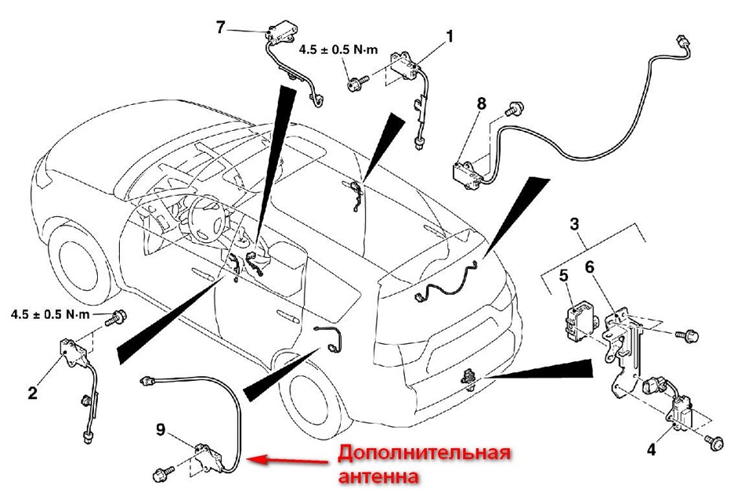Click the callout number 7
point(220,27)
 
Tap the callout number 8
point(481,103)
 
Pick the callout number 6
point(590,266)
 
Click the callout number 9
point(160,429)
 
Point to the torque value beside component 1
point(338,49)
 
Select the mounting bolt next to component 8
point(515,107)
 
